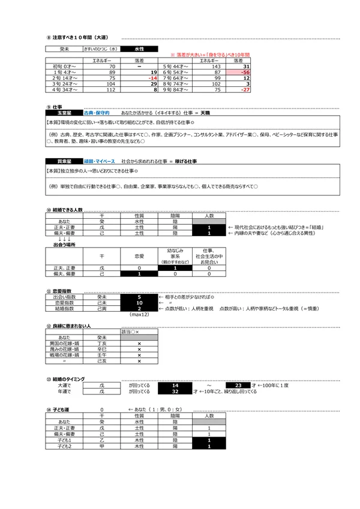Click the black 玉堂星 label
pos(63,112)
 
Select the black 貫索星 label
pos(63,161)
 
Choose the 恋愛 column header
pos(139,254)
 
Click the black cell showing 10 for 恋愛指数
pos(139,303)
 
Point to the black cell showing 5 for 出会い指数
pos(139,296)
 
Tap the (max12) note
pos(139,315)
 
